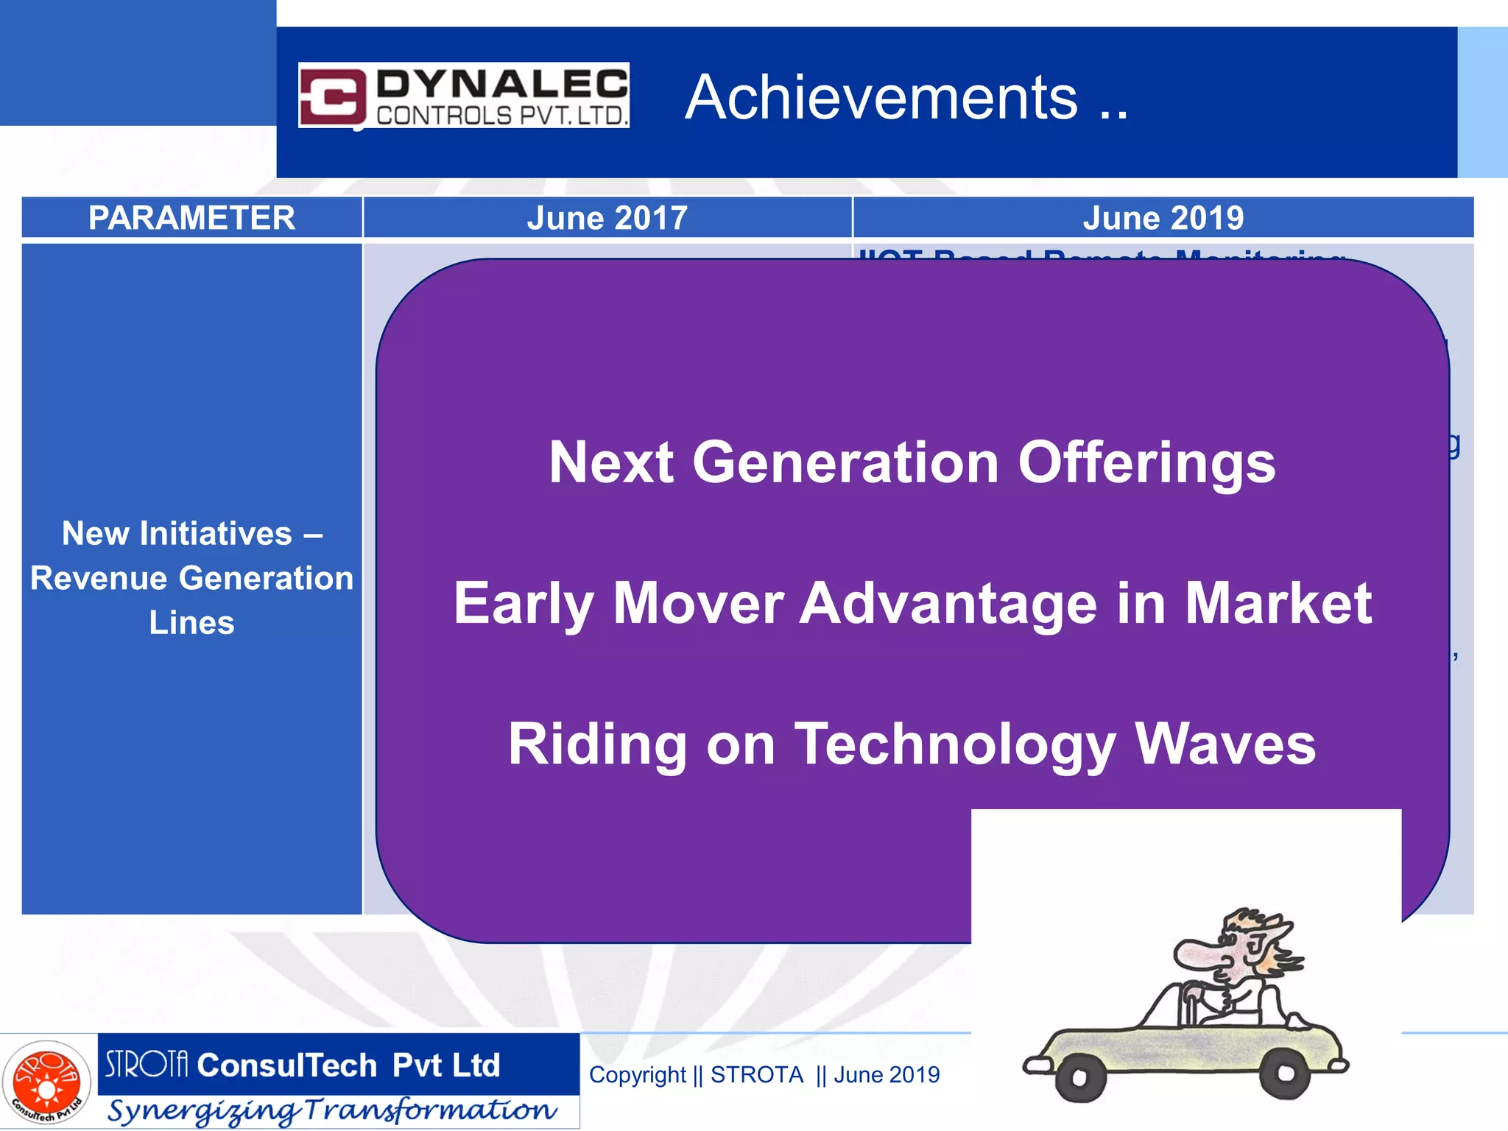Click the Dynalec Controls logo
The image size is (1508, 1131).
[463, 95]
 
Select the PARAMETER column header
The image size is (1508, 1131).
[191, 218]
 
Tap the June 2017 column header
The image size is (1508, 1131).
[607, 218]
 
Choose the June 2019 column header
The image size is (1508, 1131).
[1163, 218]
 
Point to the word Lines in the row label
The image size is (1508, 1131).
[191, 623]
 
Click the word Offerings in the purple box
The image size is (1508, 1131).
[1146, 462]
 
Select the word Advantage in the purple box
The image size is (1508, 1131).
[948, 603]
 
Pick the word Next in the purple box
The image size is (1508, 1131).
[610, 462]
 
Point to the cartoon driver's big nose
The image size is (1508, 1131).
[1197, 955]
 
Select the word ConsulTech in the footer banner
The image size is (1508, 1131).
[287, 1065]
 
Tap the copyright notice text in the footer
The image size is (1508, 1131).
[764, 1075]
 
